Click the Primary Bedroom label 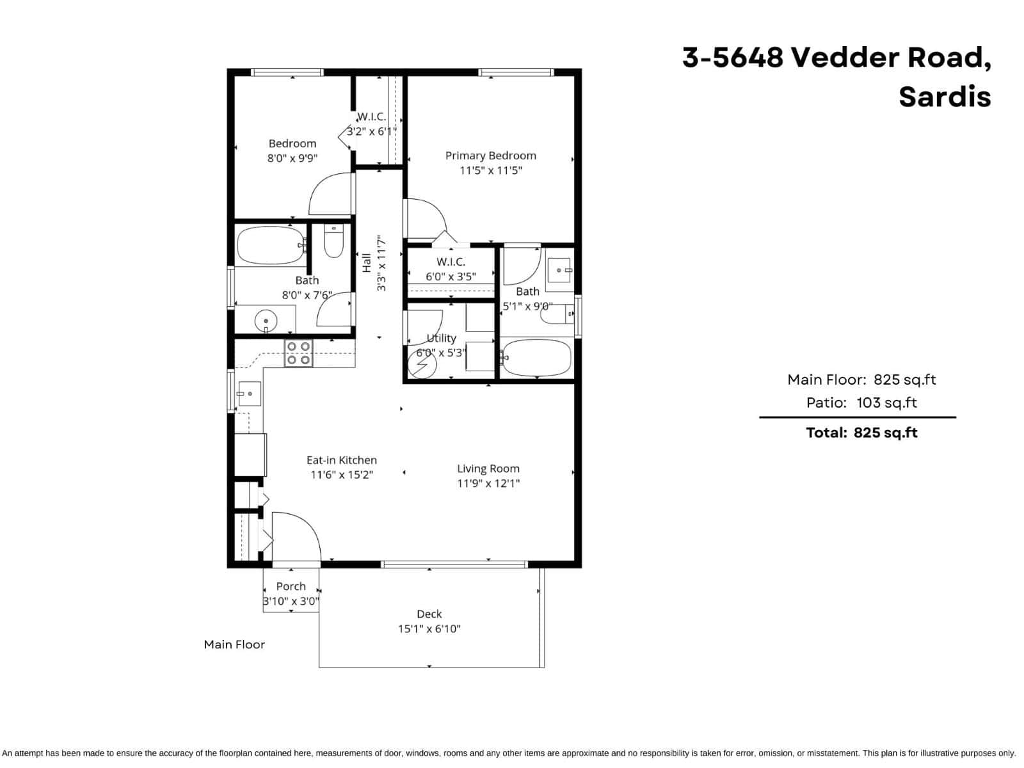490,156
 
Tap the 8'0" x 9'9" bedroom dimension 292,158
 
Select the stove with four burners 298,353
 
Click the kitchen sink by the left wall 249,394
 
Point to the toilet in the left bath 333,241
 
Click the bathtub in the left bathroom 271,245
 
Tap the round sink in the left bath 265,320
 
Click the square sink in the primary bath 559,270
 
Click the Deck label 429,614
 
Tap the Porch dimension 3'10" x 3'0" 291,602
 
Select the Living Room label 488,468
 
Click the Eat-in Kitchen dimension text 341,475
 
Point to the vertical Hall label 367,262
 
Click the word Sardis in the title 944,97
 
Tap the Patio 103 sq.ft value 886,403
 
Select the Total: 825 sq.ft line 861,433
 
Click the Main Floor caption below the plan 234,644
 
